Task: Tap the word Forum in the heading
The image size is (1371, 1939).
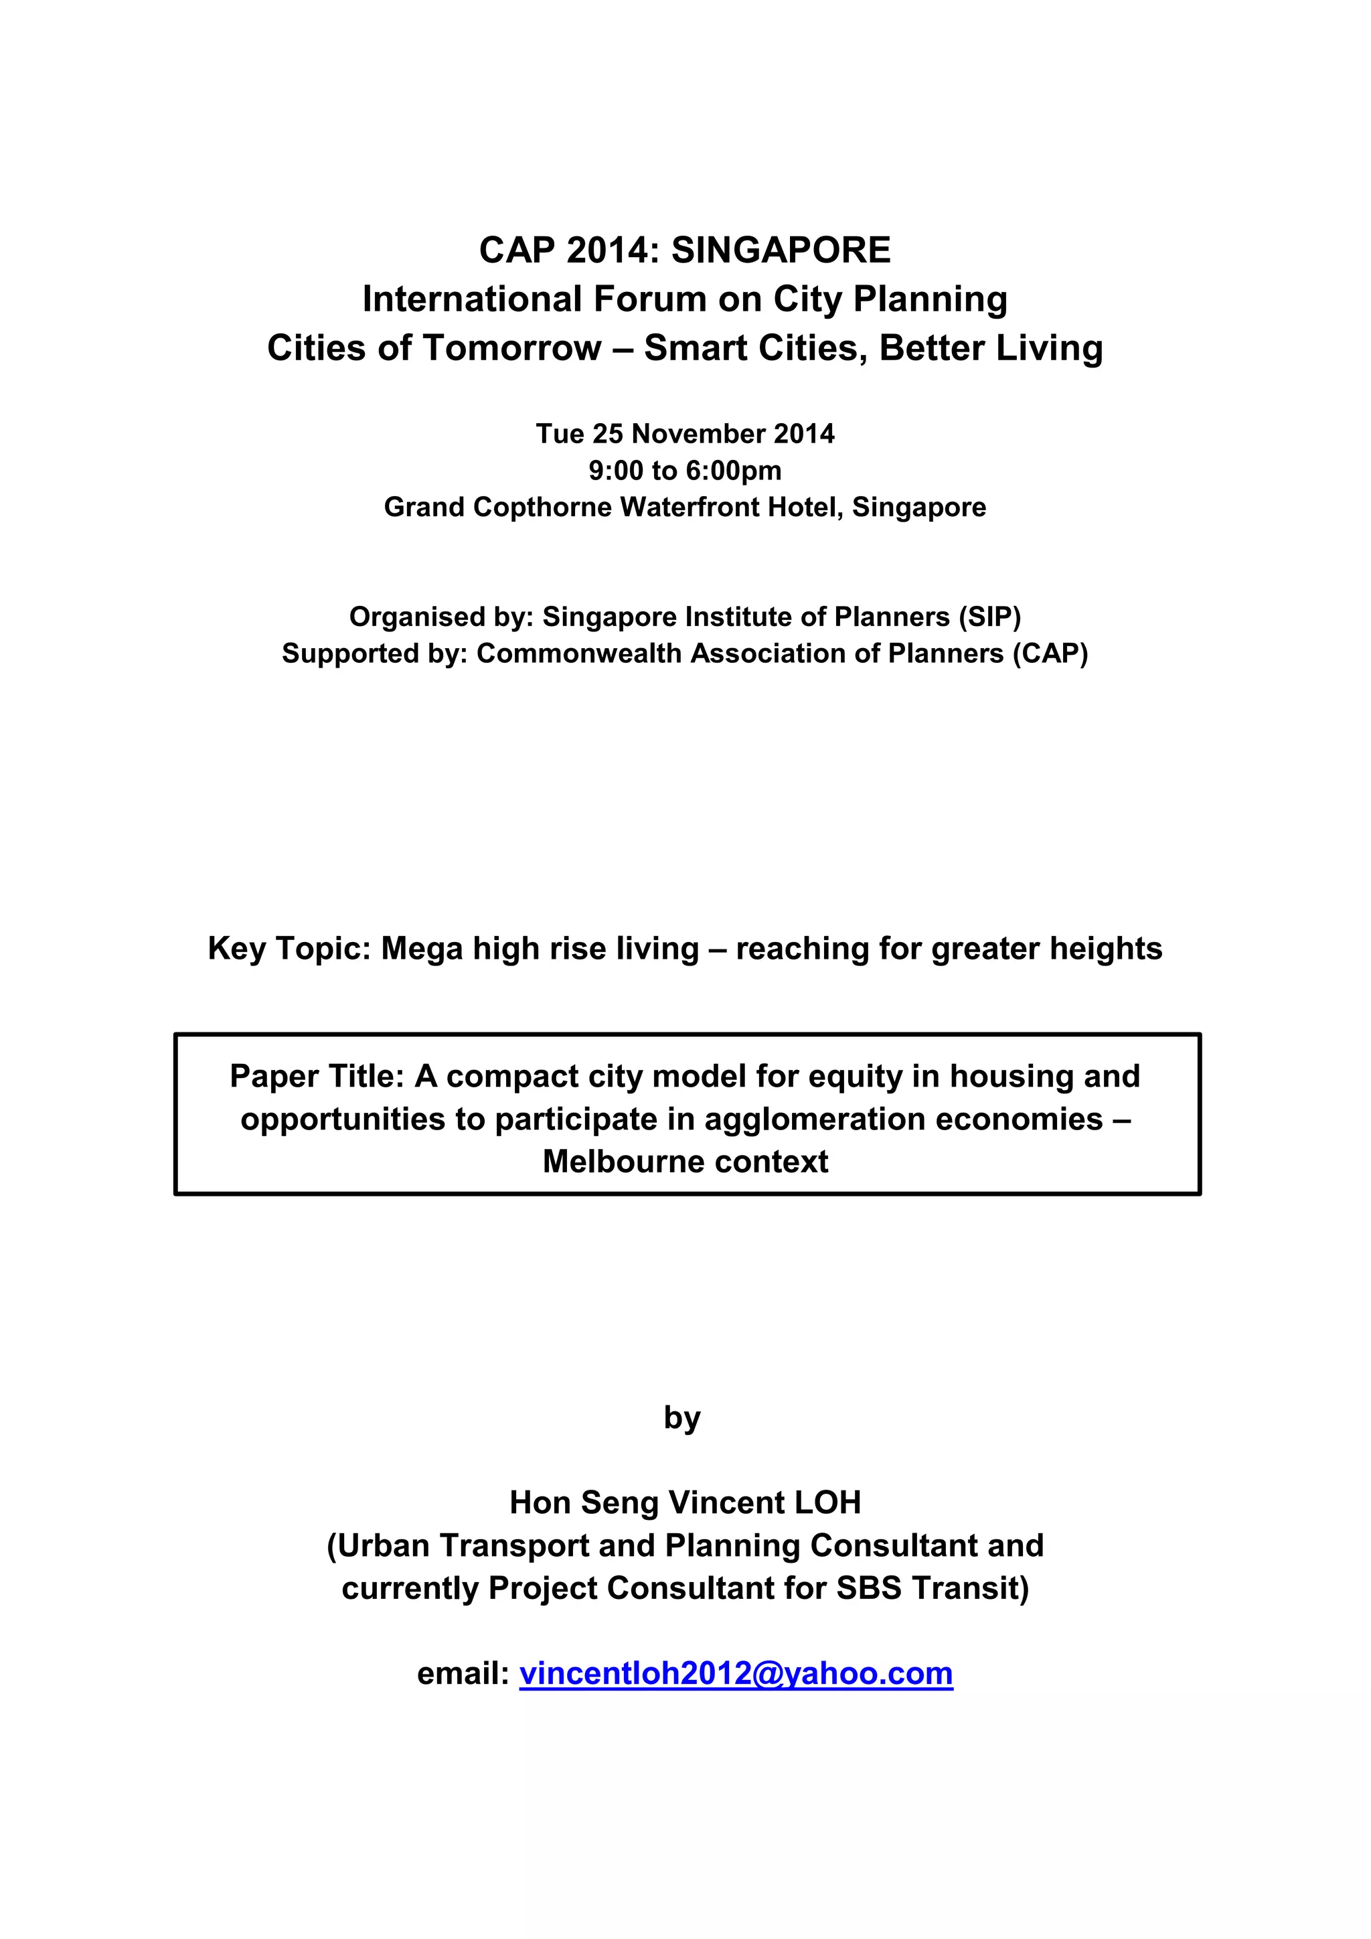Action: [x=651, y=300]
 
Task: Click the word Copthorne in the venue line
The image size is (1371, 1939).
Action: [x=543, y=508]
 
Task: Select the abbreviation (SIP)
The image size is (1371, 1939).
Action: [x=989, y=617]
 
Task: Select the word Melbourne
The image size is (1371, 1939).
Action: [x=612, y=1162]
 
